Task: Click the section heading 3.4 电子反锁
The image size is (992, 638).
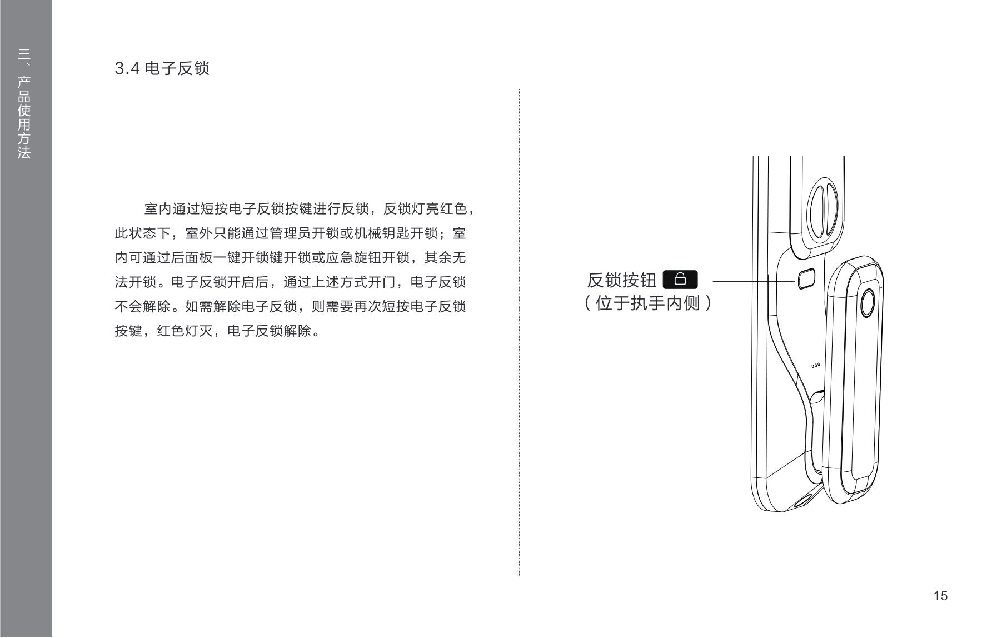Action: click(162, 68)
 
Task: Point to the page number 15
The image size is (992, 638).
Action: click(940, 596)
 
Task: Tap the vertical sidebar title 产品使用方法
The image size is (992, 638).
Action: click(24, 117)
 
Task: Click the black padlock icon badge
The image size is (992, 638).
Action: click(680, 280)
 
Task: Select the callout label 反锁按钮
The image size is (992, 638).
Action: click(621, 280)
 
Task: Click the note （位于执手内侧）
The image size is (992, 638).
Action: click(648, 303)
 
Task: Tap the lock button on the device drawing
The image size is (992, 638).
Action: click(806, 279)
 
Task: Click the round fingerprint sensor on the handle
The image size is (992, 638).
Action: click(868, 303)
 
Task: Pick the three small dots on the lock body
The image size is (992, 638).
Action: click(815, 366)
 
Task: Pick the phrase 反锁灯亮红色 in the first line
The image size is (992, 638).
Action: click(425, 209)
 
